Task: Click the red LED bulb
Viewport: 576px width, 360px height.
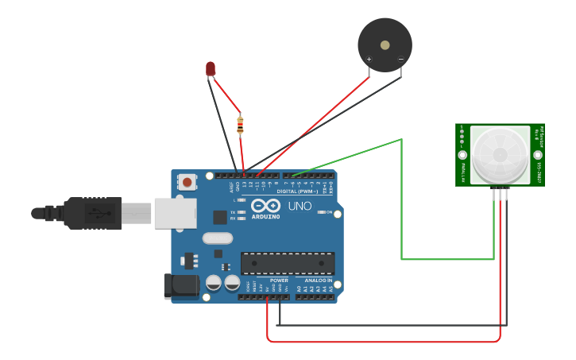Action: click(211, 69)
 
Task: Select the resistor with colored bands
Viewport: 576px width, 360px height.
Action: click(240, 124)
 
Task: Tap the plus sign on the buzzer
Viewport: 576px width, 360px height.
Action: click(369, 60)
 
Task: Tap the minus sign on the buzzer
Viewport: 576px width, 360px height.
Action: click(400, 60)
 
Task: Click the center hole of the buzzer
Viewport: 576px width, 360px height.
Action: click(385, 45)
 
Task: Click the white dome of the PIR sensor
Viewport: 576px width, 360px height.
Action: click(500, 153)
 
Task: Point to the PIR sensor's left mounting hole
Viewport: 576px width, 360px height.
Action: click(462, 155)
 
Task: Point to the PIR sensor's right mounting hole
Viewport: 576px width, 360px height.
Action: click(538, 155)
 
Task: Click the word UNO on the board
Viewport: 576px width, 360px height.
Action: click(300, 206)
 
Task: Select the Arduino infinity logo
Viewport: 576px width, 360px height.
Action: click(266, 206)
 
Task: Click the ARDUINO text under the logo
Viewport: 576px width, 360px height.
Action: click(266, 216)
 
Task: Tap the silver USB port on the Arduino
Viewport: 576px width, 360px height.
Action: click(176, 213)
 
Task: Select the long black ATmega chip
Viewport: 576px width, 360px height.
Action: click(288, 263)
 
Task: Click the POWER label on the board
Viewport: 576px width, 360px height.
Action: click(279, 281)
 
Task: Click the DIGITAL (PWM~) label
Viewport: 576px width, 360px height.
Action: click(297, 192)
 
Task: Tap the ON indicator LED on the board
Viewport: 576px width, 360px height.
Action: click(320, 212)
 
